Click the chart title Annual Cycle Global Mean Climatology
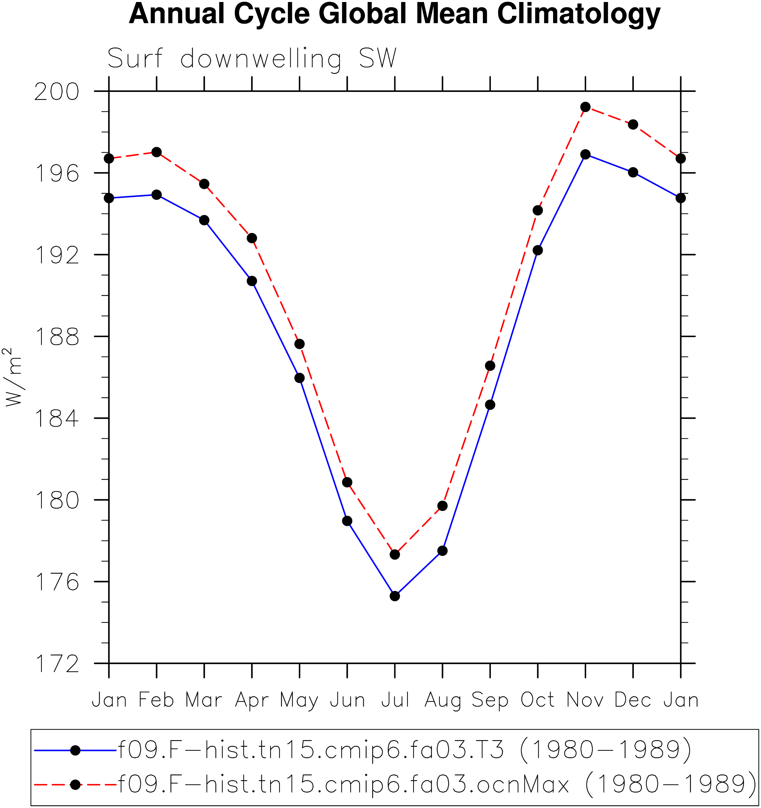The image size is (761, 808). [x=394, y=14]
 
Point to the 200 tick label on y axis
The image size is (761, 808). [x=57, y=92]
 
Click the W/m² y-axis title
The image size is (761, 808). [x=13, y=377]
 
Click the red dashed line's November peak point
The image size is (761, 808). [x=585, y=107]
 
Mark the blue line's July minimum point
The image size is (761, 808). [x=395, y=596]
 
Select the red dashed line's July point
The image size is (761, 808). [x=395, y=554]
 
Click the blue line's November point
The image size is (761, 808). [x=585, y=155]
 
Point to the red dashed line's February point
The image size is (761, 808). [x=156, y=152]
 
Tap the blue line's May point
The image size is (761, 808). [x=299, y=378]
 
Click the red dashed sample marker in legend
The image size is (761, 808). [x=75, y=784]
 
